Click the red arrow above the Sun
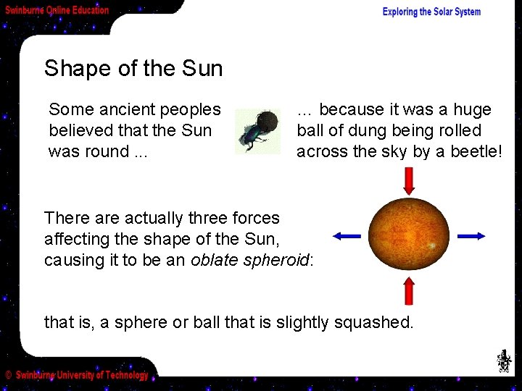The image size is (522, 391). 409,181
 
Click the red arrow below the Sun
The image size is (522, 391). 409,291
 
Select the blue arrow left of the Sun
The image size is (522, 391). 347,235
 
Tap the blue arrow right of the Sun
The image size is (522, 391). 471,235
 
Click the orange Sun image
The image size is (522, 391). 408,234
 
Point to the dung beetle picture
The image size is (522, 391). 257,131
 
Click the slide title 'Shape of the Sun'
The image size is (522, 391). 133,69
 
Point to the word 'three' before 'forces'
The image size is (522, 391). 207,218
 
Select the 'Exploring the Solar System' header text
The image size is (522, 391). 431,12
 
